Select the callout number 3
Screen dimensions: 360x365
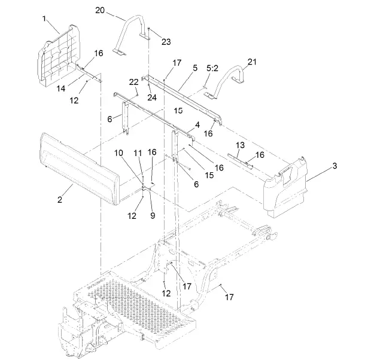335,166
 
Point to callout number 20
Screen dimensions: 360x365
99,11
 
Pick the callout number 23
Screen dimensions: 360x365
166,41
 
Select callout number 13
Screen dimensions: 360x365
240,145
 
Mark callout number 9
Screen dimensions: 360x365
152,215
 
